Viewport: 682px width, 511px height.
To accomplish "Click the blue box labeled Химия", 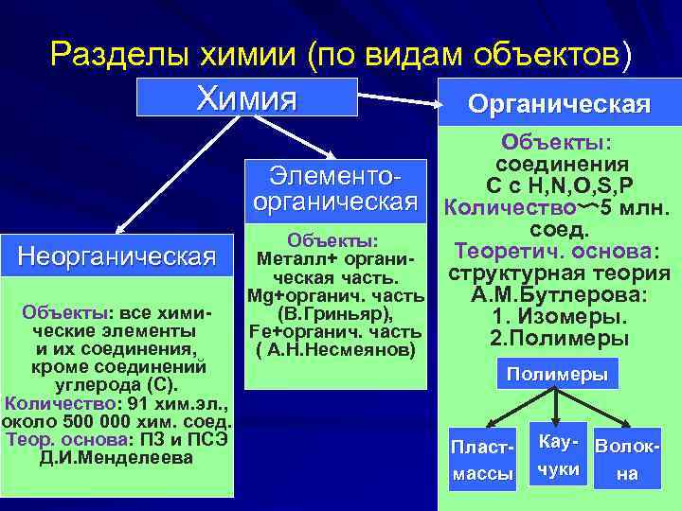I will [x=246, y=97].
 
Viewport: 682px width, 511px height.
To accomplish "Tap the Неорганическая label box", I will [x=117, y=255].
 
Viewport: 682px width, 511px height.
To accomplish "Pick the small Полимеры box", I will [x=557, y=374].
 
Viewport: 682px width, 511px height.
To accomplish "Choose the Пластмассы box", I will [x=483, y=458].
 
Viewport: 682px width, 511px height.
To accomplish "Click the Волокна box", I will [x=626, y=459].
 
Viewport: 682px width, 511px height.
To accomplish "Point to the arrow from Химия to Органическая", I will [x=398, y=96].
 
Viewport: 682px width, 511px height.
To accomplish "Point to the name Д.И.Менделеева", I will [x=117, y=458].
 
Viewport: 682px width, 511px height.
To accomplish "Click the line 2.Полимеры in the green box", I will [x=560, y=338].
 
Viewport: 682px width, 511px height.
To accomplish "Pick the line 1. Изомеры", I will [x=559, y=316].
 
